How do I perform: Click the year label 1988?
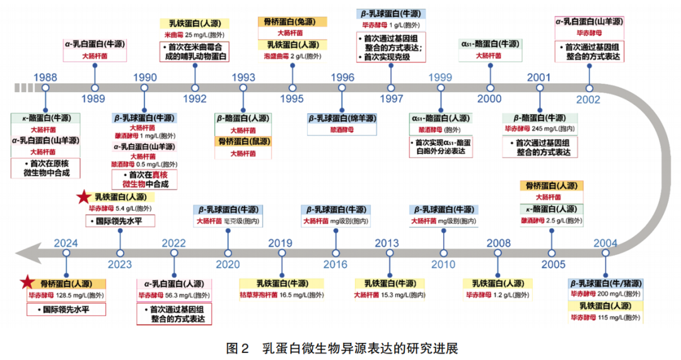[x=45, y=77]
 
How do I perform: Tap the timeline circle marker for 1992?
[x=195, y=88]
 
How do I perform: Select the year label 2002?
[x=588, y=99]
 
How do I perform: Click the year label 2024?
[x=66, y=243]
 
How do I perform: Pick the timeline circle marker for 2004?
[x=605, y=253]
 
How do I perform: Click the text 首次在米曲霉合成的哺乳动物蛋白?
[x=195, y=52]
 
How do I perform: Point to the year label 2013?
[x=387, y=243]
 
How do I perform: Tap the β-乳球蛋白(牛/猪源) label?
[x=605, y=283]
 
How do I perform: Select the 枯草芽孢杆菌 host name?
[x=259, y=295]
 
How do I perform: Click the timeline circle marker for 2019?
[x=281, y=253]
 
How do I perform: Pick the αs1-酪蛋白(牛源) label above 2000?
[x=489, y=44]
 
